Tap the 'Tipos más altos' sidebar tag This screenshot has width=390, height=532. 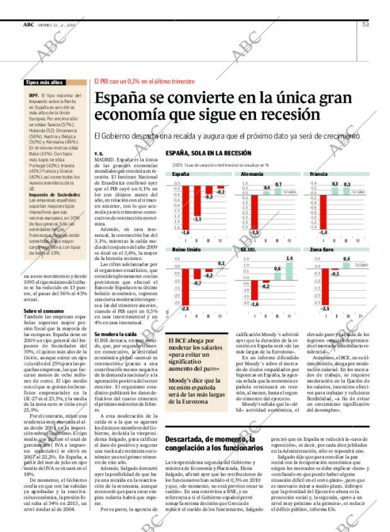[x=44, y=82]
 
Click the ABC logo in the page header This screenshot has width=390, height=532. [x=28, y=24]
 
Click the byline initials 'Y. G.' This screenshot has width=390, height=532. [x=98, y=153]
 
